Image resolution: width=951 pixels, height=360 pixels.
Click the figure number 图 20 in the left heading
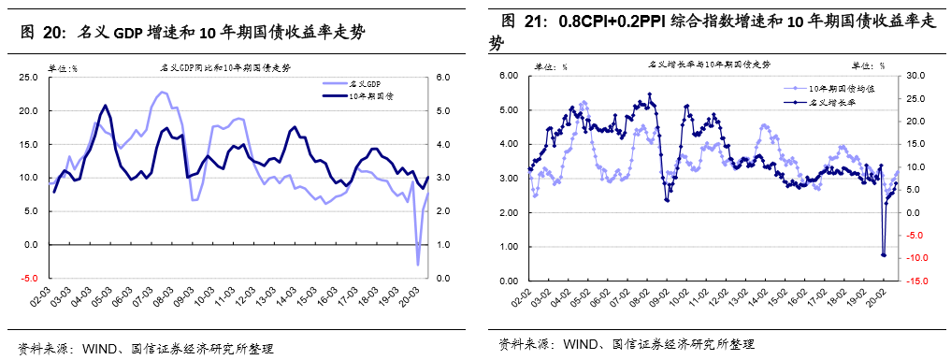[x=43, y=32]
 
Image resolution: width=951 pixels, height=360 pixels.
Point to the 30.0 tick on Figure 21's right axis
[x=917, y=76]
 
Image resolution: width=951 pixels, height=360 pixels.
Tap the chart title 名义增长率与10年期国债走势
[x=710, y=64]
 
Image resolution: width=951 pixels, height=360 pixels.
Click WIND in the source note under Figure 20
[x=99, y=348]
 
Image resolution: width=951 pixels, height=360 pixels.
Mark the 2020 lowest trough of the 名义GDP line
[x=418, y=265]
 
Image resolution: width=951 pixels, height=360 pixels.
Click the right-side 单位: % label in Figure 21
[x=868, y=65]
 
